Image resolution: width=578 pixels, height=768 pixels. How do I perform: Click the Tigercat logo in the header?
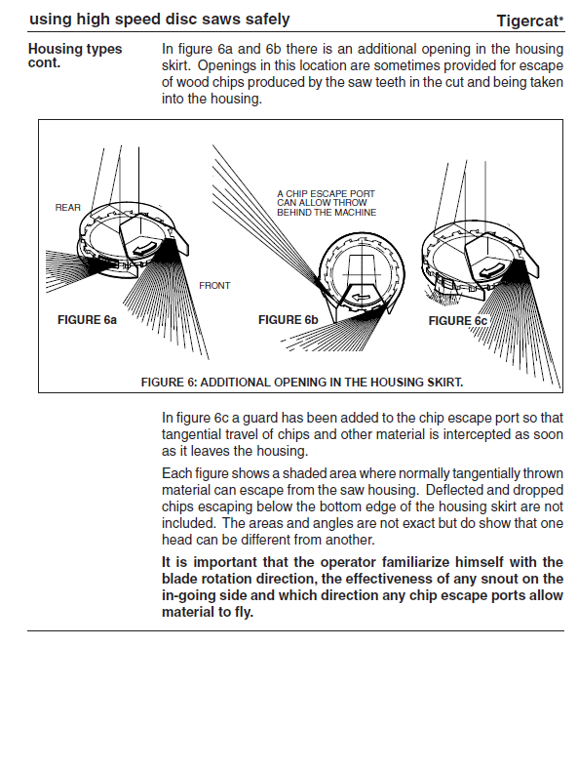coord(530,20)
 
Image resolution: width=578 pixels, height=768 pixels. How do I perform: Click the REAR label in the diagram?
coord(67,208)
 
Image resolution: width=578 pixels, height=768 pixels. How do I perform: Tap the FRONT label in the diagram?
coord(214,286)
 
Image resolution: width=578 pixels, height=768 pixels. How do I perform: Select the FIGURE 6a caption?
coord(87,320)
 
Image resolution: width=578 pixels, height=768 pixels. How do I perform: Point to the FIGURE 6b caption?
coord(289,320)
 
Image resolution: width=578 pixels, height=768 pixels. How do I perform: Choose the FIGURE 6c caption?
coord(458,321)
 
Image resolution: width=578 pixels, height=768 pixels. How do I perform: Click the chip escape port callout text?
coord(327,203)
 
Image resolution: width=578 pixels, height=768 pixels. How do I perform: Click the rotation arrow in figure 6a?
coord(146,248)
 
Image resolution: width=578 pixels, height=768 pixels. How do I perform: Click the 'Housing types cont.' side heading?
coord(75,56)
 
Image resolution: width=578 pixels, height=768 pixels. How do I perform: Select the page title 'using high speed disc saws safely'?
coord(160,20)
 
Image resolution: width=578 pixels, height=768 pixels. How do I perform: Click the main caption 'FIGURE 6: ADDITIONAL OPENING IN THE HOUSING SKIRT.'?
coord(302,382)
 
